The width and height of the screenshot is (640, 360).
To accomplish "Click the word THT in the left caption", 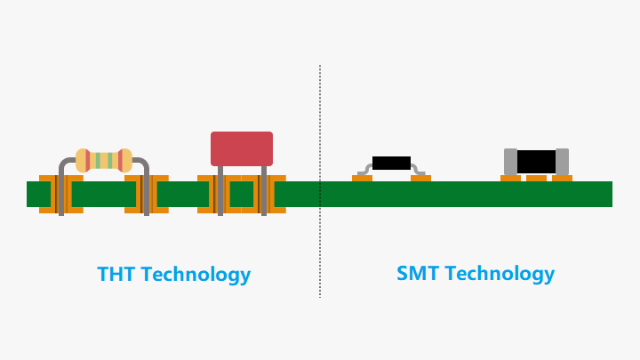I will click(x=116, y=275).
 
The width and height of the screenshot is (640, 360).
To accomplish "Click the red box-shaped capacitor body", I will click(x=242, y=148).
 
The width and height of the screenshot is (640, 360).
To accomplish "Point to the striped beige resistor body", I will click(x=104, y=160).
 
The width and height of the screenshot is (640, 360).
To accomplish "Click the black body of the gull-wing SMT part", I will click(x=391, y=163).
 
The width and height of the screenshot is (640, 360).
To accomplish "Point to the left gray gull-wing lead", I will click(x=364, y=170).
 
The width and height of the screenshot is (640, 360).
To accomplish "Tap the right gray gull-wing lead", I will click(x=419, y=170).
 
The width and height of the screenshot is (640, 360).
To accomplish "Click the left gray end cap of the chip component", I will click(x=510, y=162).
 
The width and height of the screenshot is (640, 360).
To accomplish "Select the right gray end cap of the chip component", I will click(x=562, y=162).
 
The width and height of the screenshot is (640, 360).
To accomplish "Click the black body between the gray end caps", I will click(x=536, y=162).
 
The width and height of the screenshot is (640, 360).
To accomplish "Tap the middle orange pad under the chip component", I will click(x=536, y=178).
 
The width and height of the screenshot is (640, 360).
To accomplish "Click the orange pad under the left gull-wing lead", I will click(x=362, y=178).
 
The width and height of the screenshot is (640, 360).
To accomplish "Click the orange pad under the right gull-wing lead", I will click(x=420, y=178).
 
